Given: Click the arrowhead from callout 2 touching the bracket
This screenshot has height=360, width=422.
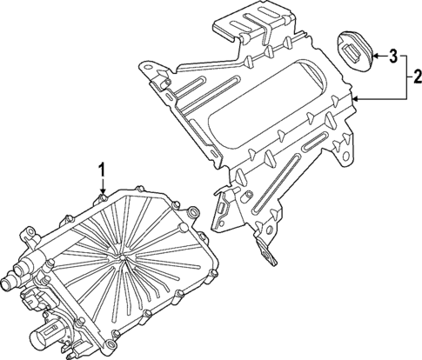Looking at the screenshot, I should pyautogui.click(x=355, y=101).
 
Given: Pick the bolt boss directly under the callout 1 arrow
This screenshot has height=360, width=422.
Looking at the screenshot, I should pyautogui.click(x=103, y=200).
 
